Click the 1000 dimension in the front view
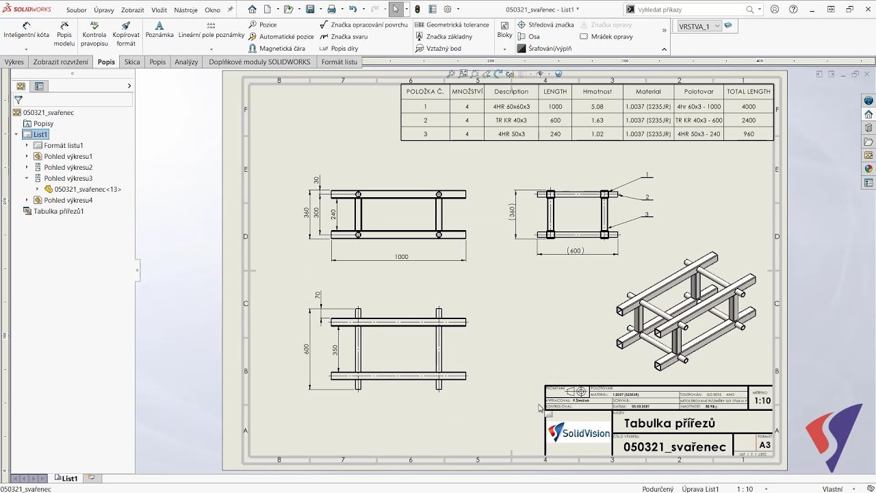coord(401,257)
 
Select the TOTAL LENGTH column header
coord(748,91)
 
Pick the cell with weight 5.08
coord(597,106)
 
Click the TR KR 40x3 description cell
coord(511,120)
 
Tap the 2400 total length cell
coord(748,120)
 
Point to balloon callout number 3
coord(646,214)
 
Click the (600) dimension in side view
coord(576,251)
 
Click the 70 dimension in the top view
coord(318,295)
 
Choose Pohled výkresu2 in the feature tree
coord(68,167)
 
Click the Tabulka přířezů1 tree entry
coord(58,211)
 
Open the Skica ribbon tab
coord(132,62)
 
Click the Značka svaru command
coord(348,36)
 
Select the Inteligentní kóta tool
coord(27,34)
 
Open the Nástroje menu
coord(185,10)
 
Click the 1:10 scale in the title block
coord(762,401)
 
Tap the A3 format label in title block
coord(764,445)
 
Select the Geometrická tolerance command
coord(457,25)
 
